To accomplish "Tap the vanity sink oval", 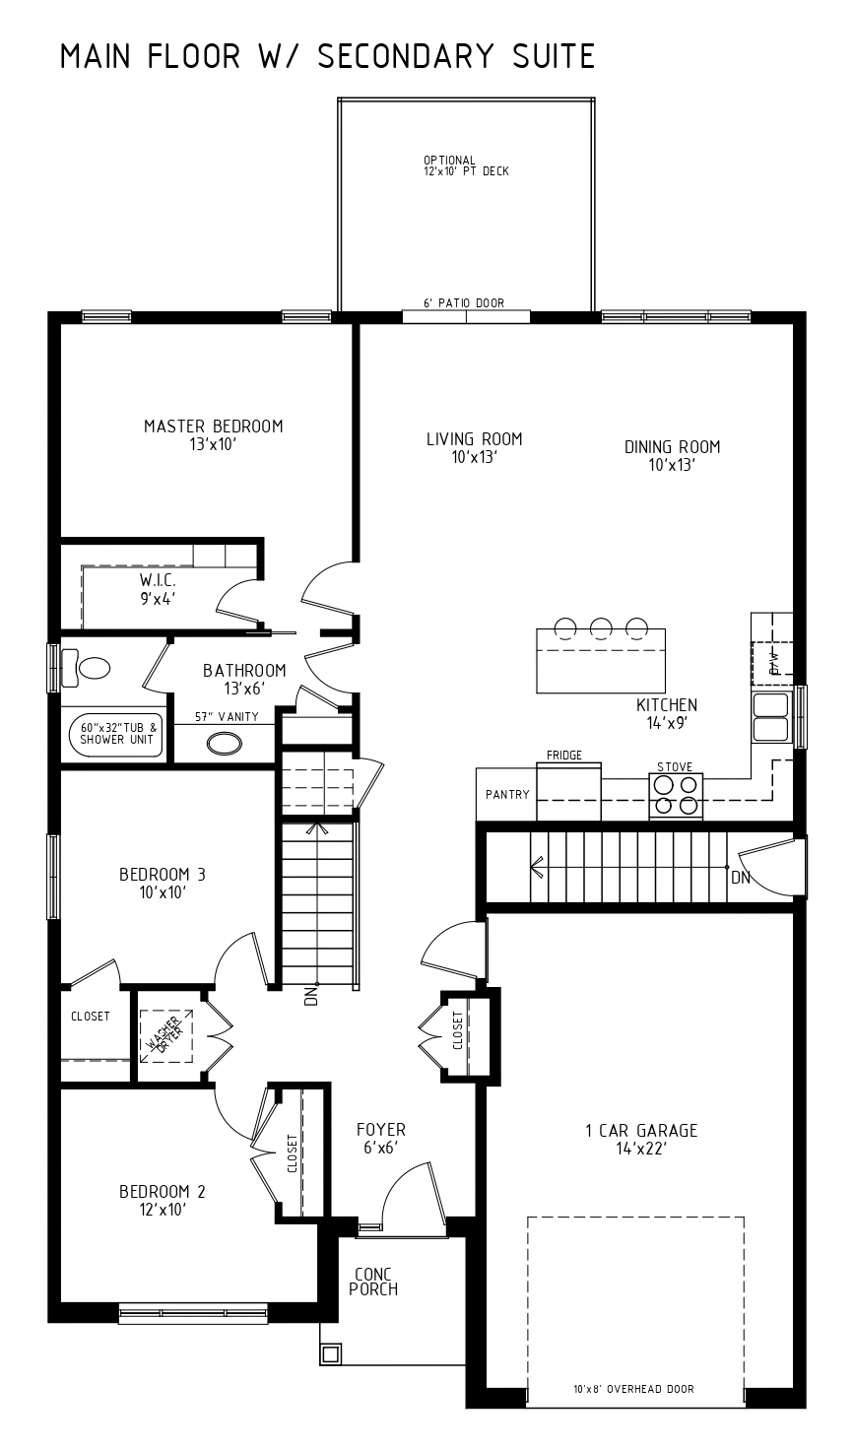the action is point(224,744).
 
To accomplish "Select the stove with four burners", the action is point(676,796).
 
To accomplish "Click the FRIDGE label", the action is point(564,755).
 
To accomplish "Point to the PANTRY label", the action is point(507,794).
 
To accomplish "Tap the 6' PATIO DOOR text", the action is point(464,302).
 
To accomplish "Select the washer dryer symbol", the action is point(166,1035).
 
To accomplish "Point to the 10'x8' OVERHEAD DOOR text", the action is point(633,1389).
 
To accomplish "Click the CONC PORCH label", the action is point(373,1282).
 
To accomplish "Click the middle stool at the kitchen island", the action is point(602,626).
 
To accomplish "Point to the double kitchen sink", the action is point(771,717).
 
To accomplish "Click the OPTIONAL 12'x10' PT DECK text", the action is point(466,165).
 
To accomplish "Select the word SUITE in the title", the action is point(554,56).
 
